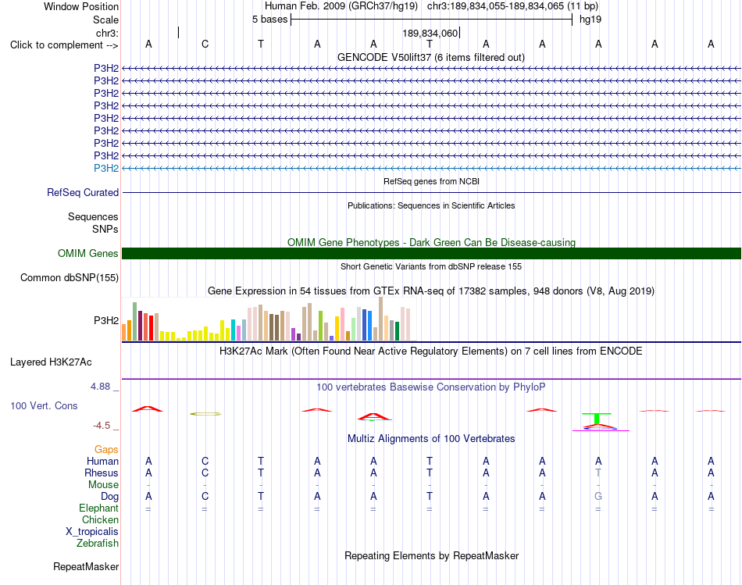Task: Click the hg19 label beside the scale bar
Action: pos(590,20)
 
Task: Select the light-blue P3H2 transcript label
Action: pos(106,169)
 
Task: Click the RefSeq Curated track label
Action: pos(83,193)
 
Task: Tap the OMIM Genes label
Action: pos(88,254)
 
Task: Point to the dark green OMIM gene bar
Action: pos(431,253)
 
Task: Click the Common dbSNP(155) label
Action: pos(70,278)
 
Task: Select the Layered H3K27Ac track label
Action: pos(51,362)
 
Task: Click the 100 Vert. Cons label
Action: pos(44,405)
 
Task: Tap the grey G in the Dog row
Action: pos(598,497)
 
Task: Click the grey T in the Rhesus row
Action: pos(598,473)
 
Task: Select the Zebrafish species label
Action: pos(98,544)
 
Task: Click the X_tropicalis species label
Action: pos(92,532)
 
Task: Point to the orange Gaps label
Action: pos(106,450)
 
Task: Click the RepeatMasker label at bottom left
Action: pos(86,566)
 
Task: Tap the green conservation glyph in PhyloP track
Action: pos(597,419)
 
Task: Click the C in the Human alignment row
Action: pos(205,461)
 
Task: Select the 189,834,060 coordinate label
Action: pos(430,33)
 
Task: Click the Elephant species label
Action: pos(99,508)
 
